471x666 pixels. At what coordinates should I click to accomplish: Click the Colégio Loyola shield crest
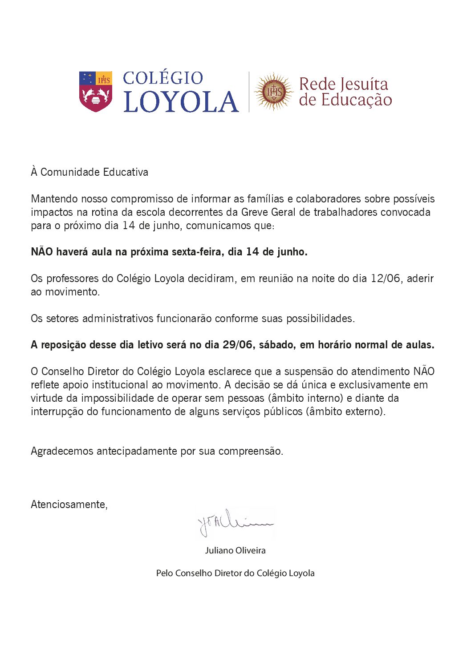pyautogui.click(x=95, y=91)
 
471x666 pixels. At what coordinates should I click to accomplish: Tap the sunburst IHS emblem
pyautogui.click(x=273, y=92)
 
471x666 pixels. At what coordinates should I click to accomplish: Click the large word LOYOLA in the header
pyautogui.click(x=181, y=101)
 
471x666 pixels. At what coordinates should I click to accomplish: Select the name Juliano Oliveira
pyautogui.click(x=235, y=550)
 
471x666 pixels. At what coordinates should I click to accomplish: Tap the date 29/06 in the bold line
pyautogui.click(x=236, y=345)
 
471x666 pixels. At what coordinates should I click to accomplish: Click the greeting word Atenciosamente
pyautogui.click(x=69, y=505)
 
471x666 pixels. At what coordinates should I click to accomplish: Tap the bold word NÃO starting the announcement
pyautogui.click(x=42, y=252)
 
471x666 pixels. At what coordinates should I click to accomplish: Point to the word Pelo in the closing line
pyautogui.click(x=164, y=573)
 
